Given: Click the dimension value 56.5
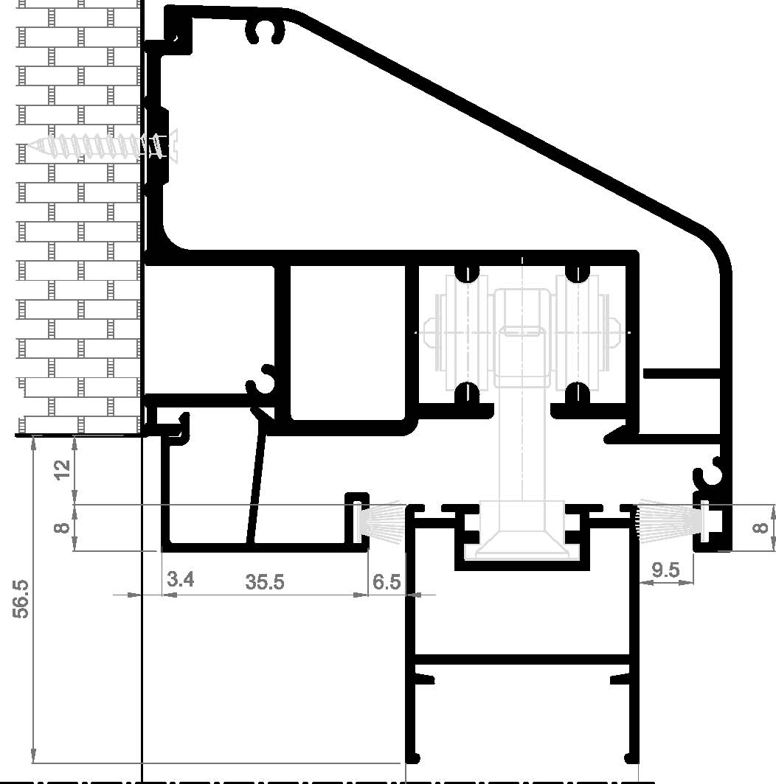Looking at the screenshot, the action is pos(21,599).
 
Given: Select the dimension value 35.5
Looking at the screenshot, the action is pos(265,582).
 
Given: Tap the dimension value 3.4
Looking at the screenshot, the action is pos(180,579).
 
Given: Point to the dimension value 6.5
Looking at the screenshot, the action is pos(387,582).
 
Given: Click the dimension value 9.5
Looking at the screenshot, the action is pos(665,570).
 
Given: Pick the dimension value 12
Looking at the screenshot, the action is pos(63,470).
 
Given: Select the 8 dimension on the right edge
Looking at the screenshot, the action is pos(761,528).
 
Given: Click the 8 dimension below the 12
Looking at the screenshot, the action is pos(62,528).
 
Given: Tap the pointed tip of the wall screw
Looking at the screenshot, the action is pos(29,146).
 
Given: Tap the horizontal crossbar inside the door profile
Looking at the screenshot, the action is pos(522,659).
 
